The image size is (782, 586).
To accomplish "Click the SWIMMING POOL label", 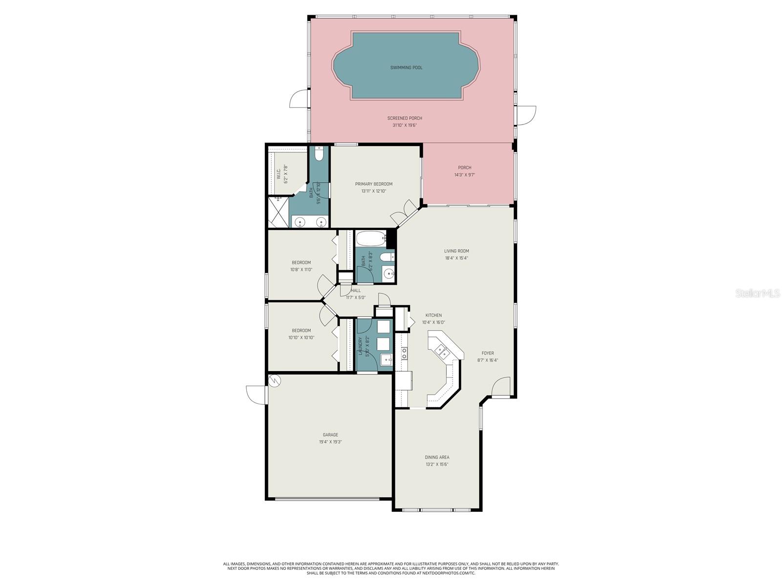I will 406,67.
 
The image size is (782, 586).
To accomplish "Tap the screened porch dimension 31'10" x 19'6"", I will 405,126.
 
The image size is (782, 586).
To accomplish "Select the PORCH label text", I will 464,167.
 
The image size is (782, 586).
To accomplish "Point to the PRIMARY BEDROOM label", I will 373,184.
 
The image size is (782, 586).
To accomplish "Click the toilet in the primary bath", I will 319,155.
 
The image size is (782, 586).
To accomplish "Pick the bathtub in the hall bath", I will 370,239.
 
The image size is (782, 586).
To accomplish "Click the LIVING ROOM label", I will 456,251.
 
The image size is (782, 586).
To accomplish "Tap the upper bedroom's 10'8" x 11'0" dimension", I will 301,270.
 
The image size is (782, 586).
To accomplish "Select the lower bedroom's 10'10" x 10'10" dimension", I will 301,337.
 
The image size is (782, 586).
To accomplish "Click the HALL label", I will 355,291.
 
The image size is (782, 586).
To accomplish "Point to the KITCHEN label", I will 433,315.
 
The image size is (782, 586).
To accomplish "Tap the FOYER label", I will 487,353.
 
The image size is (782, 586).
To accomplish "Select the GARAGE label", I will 330,435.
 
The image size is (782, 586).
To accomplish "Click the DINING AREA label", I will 436,458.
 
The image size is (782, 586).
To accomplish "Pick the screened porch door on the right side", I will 527,115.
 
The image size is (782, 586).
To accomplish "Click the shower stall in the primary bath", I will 278,211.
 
